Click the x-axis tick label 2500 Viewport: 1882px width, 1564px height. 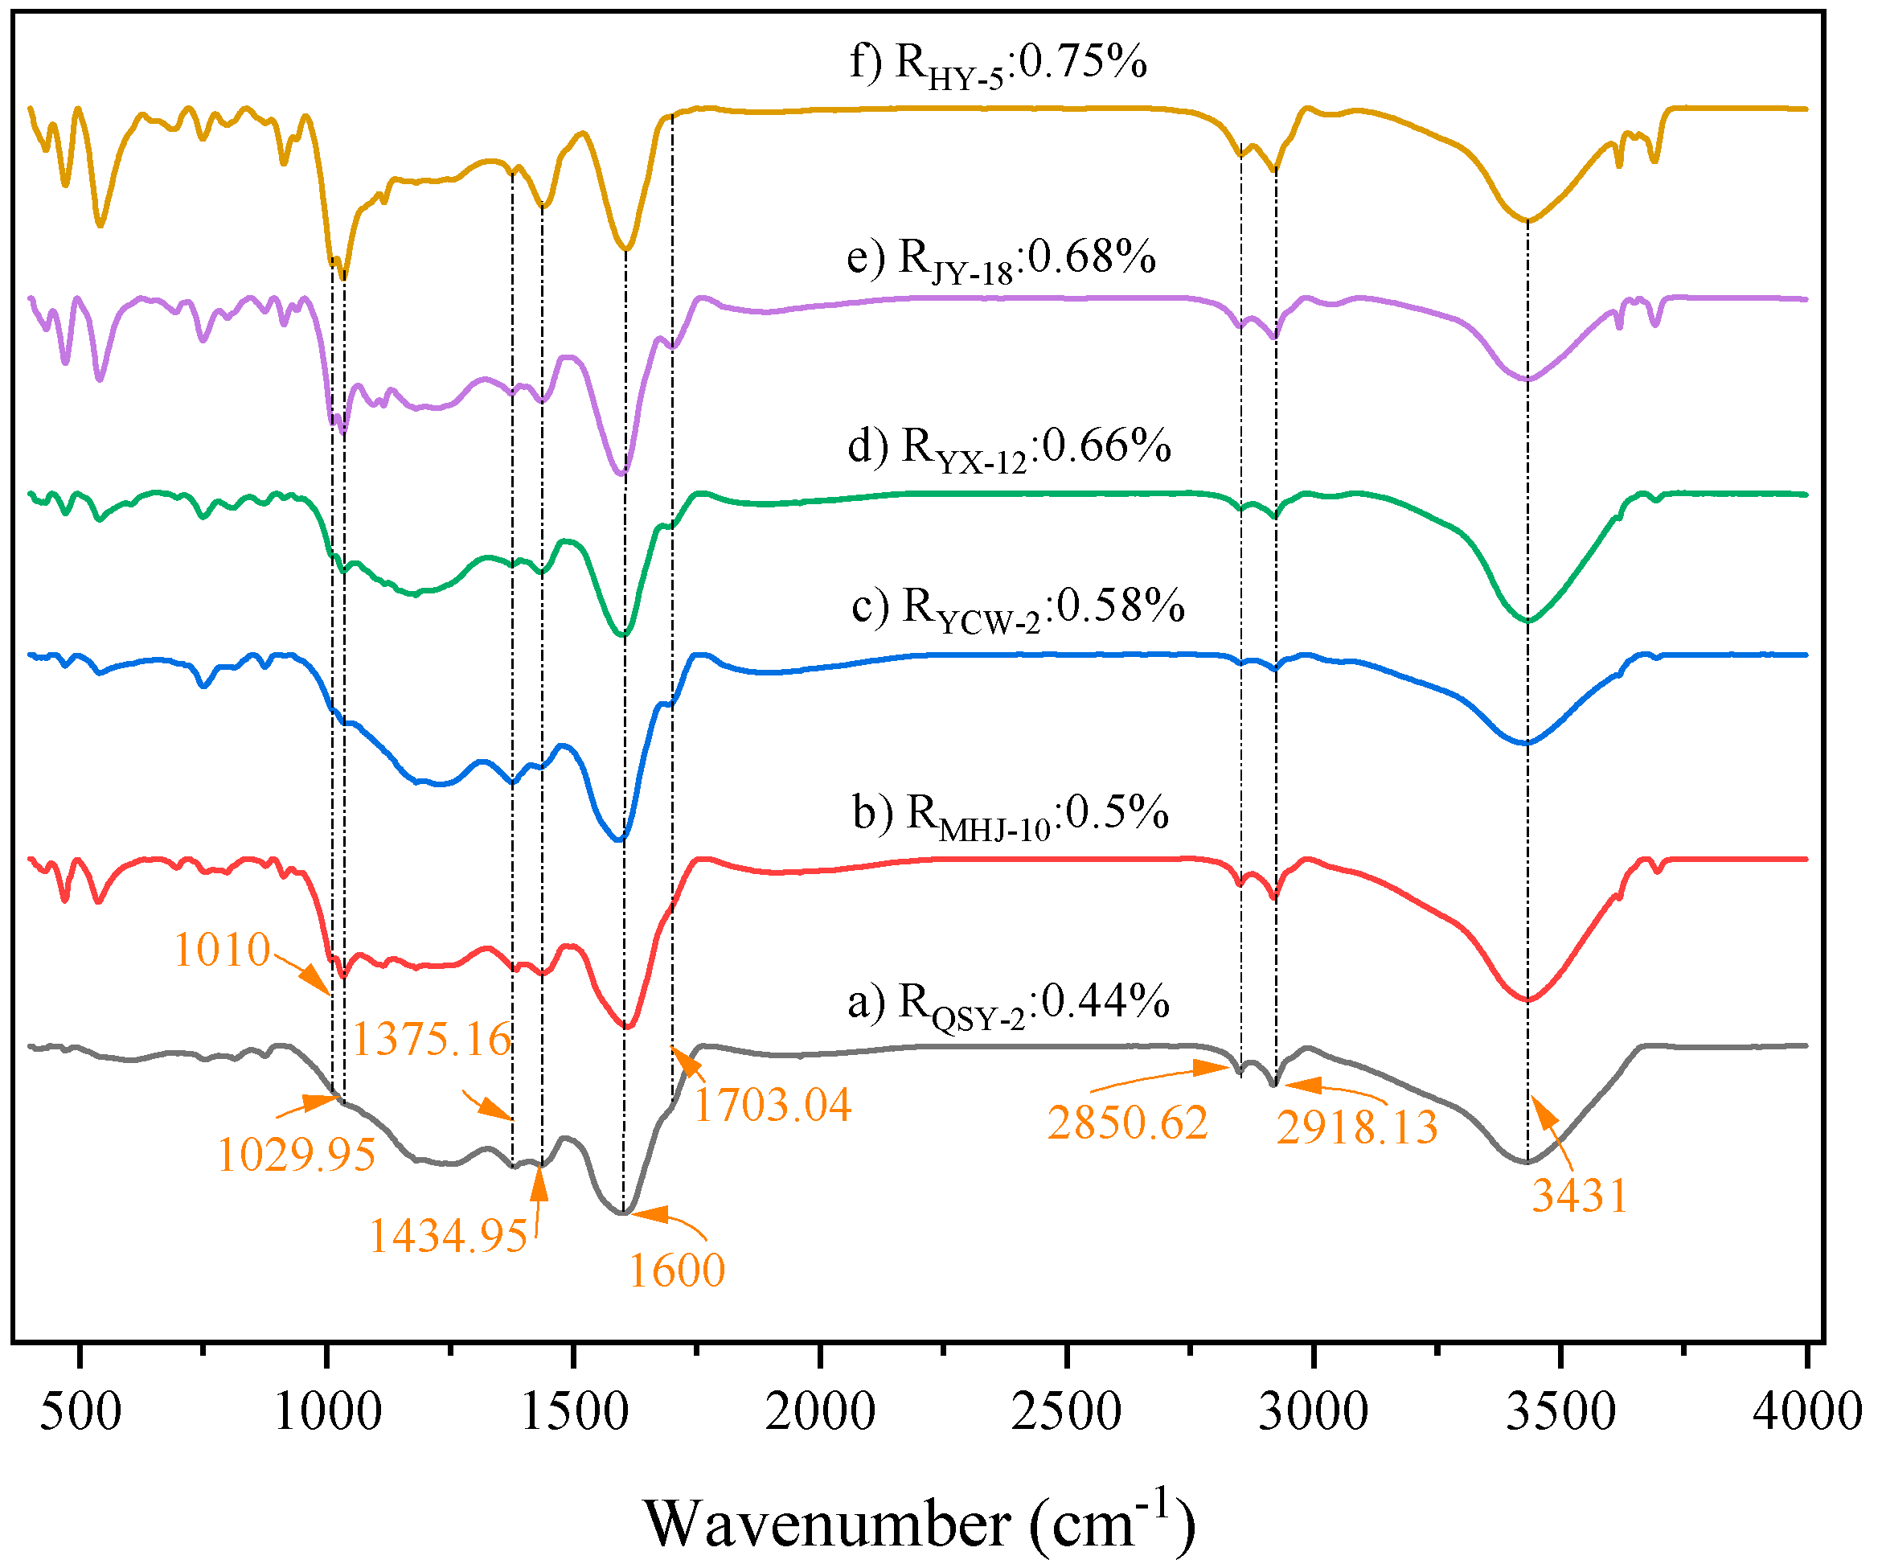pos(1067,1410)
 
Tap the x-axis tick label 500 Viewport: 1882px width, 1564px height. pos(80,1410)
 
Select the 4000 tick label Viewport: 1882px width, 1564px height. pos(1806,1410)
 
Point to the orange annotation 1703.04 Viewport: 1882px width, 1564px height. pos(773,1104)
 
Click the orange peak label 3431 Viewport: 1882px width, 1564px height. pos(1579,1196)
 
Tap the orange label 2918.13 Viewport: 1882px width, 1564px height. pos(1357,1127)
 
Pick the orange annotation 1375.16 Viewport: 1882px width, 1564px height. pos(431,1040)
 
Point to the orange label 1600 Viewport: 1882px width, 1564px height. pos(677,1270)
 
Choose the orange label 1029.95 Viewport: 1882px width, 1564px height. pos(296,1155)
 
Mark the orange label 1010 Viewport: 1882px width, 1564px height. pos(221,950)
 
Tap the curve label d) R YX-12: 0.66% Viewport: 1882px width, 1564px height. pos(1009,448)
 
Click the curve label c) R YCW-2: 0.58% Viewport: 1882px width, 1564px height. pos(1018,608)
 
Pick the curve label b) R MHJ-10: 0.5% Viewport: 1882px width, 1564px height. pos(1010,814)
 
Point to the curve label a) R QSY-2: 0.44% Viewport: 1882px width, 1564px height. pos(1008,1003)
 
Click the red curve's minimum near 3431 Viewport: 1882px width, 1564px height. pos(1528,1000)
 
